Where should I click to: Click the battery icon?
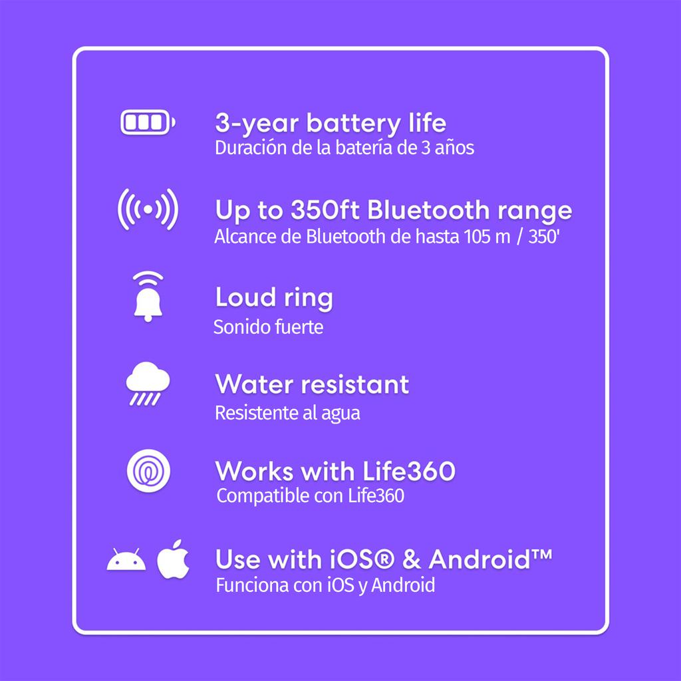148,122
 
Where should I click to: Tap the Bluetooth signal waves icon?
148,209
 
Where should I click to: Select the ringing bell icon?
148,297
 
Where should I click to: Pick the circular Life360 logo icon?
148,472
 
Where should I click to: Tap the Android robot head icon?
126,559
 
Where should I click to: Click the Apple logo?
173,559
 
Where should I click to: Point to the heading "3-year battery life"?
331,123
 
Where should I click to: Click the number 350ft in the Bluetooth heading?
325,209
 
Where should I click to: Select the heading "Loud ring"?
274,299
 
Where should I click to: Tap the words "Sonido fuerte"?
269,327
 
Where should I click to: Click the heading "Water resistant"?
313,384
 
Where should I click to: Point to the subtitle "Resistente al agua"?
287,413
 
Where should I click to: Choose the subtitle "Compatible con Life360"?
310,496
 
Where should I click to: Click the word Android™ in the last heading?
490,559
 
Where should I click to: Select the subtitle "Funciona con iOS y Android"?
325,585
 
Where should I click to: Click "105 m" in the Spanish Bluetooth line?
487,237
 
